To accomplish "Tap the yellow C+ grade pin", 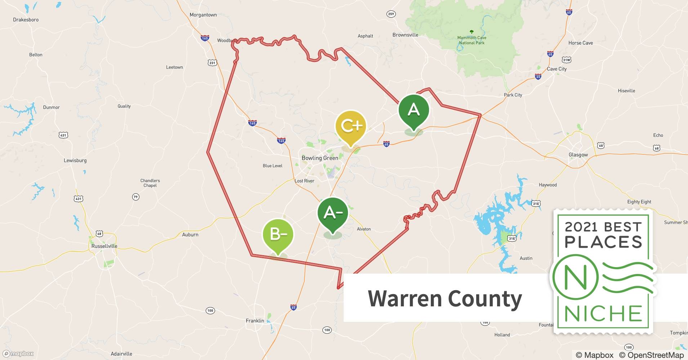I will pyautogui.click(x=350, y=126).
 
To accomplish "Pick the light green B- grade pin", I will pyautogui.click(x=278, y=234).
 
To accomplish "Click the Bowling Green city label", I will pyautogui.click(x=320, y=158).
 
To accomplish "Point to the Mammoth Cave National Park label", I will pyautogui.click(x=472, y=40).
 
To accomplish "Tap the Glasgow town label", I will pyautogui.click(x=578, y=155).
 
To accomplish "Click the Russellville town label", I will pyautogui.click(x=104, y=246).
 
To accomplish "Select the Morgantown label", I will pyautogui.click(x=203, y=15).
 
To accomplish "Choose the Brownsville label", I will pyautogui.click(x=405, y=35).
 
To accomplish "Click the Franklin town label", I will pyautogui.click(x=255, y=321).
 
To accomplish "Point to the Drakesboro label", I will pyautogui.click(x=26, y=19).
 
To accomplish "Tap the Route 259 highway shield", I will pyautogui.click(x=391, y=14).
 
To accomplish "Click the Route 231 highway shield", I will pyautogui.click(x=212, y=63).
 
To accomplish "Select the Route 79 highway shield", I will pyautogui.click(x=135, y=197).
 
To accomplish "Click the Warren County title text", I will pyautogui.click(x=444, y=299).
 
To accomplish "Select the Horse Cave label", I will pyautogui.click(x=580, y=43).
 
